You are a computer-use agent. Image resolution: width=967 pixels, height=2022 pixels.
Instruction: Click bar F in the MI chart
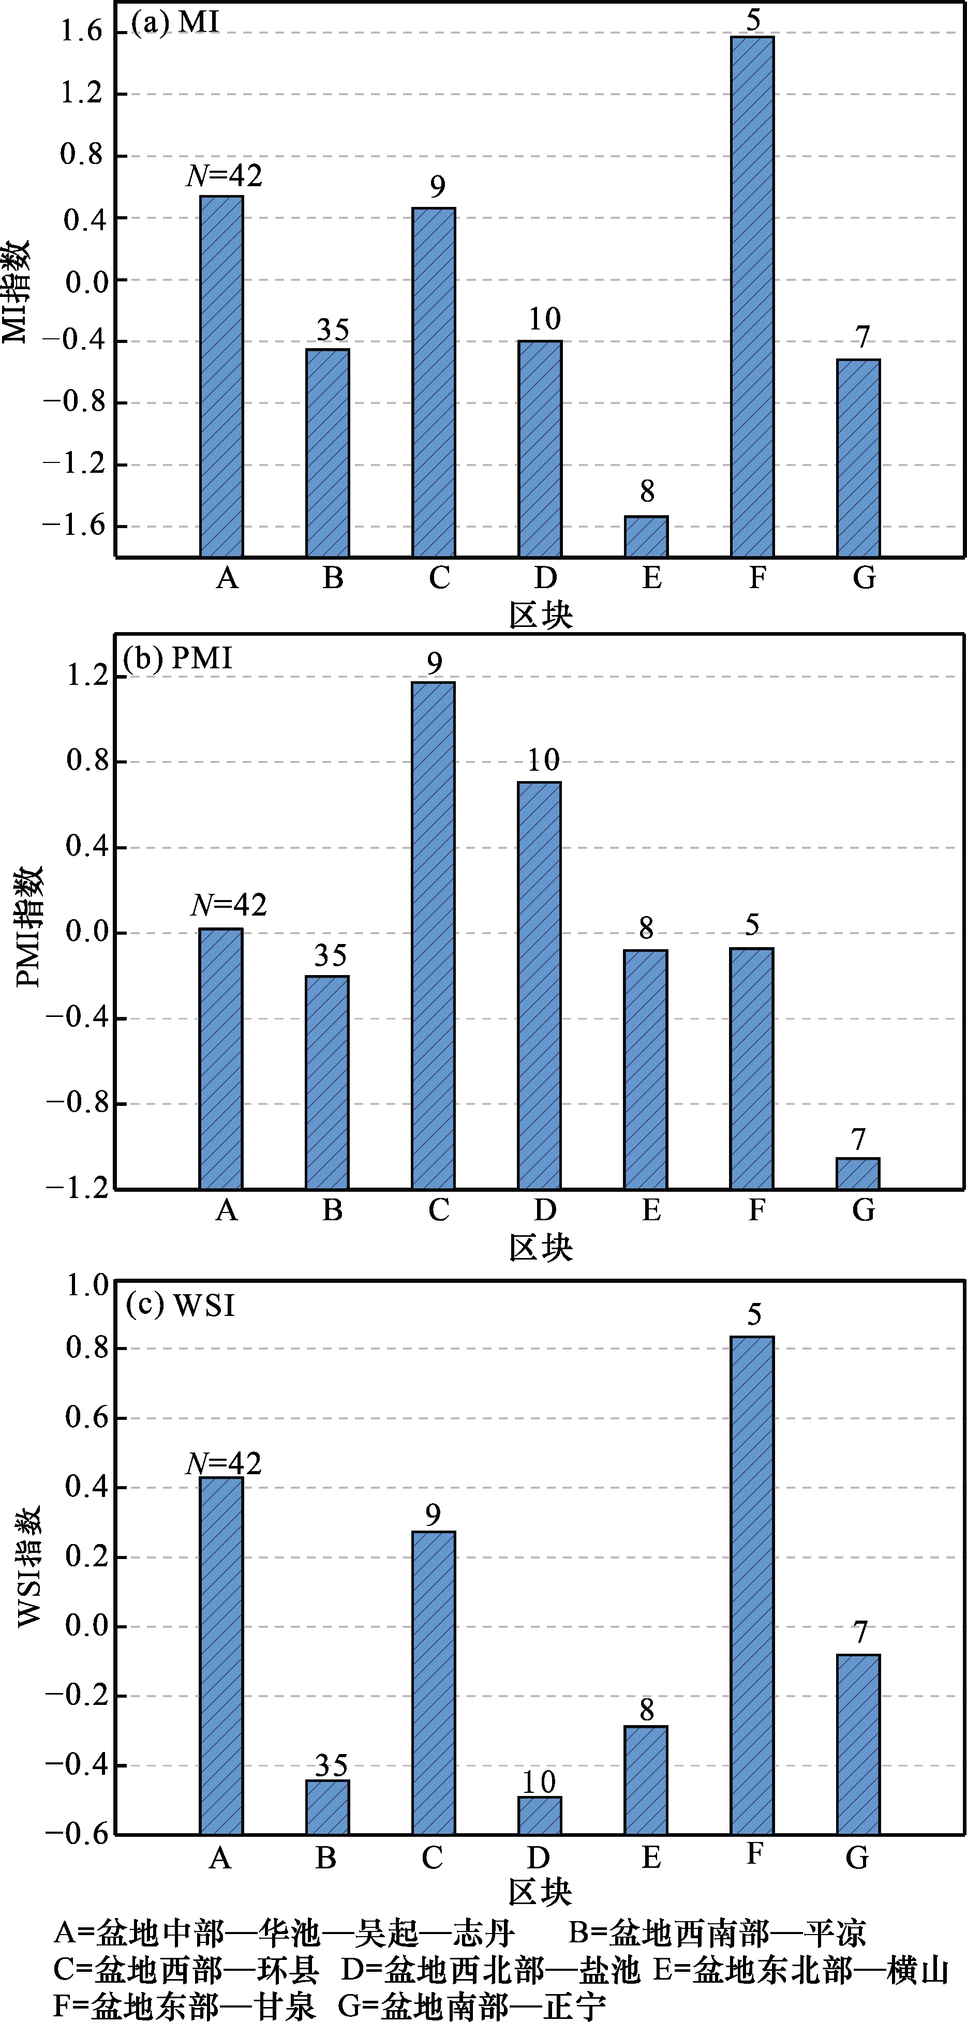(752, 297)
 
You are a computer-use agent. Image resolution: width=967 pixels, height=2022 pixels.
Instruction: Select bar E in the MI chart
(646, 537)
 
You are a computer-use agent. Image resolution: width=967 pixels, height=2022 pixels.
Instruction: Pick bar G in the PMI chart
(858, 1174)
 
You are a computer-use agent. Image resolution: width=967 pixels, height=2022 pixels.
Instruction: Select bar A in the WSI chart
(221, 1656)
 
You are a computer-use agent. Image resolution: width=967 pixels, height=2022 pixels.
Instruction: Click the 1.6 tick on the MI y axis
(83, 32)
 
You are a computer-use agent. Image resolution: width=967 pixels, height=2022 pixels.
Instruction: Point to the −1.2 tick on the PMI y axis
(77, 1188)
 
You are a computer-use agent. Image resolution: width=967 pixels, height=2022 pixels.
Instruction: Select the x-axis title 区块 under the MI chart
(541, 615)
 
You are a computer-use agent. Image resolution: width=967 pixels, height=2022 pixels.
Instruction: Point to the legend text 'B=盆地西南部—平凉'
(717, 1933)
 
